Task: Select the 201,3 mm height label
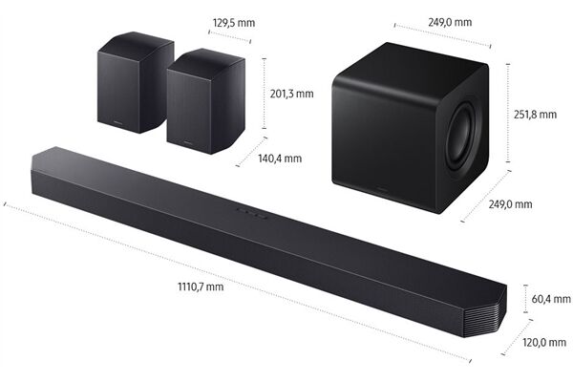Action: [292, 94]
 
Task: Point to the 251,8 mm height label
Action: [535, 115]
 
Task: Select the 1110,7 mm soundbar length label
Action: [200, 286]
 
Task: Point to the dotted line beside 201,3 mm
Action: [263, 93]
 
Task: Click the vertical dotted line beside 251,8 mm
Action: [504, 115]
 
